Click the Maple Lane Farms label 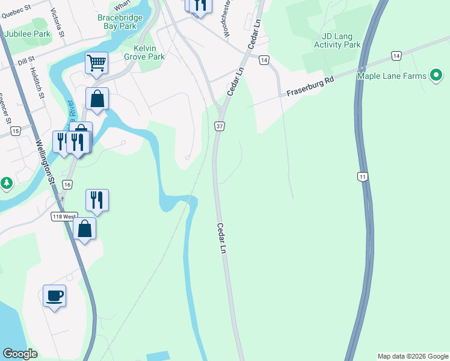[x=392, y=76]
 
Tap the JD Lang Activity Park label [x=337, y=40]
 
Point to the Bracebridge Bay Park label [x=120, y=22]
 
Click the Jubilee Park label [x=27, y=34]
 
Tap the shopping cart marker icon [x=96, y=63]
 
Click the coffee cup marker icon [x=55, y=296]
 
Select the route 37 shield [x=220, y=126]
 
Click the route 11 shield [x=362, y=176]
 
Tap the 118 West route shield [x=63, y=216]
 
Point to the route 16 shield [x=67, y=184]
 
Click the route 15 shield [x=16, y=131]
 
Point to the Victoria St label [x=58, y=19]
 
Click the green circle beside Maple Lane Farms [x=436, y=76]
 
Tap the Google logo [x=20, y=353]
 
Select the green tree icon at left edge [x=5, y=182]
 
